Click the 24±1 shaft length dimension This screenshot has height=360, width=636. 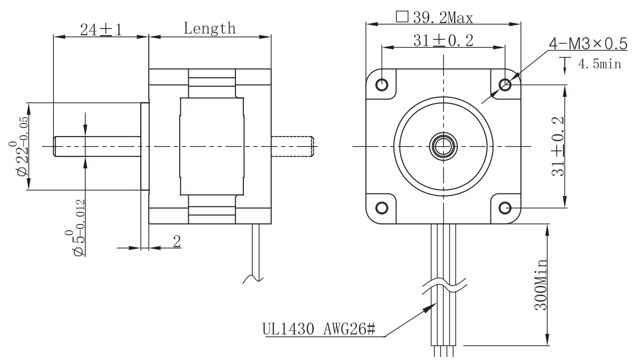coord(101,30)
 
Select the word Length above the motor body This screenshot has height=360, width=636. coord(210,28)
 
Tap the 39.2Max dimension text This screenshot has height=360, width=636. coord(443,18)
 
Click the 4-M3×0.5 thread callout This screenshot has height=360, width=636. coord(588,44)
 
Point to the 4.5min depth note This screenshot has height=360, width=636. coord(600,64)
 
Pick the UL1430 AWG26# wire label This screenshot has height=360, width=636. coord(319,330)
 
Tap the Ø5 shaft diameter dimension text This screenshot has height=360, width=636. coord(75,228)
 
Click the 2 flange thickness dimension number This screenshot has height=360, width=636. coord(177,242)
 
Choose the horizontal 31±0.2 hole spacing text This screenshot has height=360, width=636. coord(443,40)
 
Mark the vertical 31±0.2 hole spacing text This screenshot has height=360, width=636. coord(558,146)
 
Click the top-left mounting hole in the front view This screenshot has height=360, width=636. coord(382,84)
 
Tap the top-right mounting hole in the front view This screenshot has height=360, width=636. coord(505,84)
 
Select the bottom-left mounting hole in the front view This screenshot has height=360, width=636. coord(382,208)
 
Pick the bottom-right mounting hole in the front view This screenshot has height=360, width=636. coord(505,208)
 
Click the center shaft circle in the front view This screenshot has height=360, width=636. coord(443,147)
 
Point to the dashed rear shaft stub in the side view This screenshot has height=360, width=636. coord(292,147)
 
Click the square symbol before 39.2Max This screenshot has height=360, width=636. coord(402,16)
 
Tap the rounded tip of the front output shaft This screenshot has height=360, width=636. coord(55,147)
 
